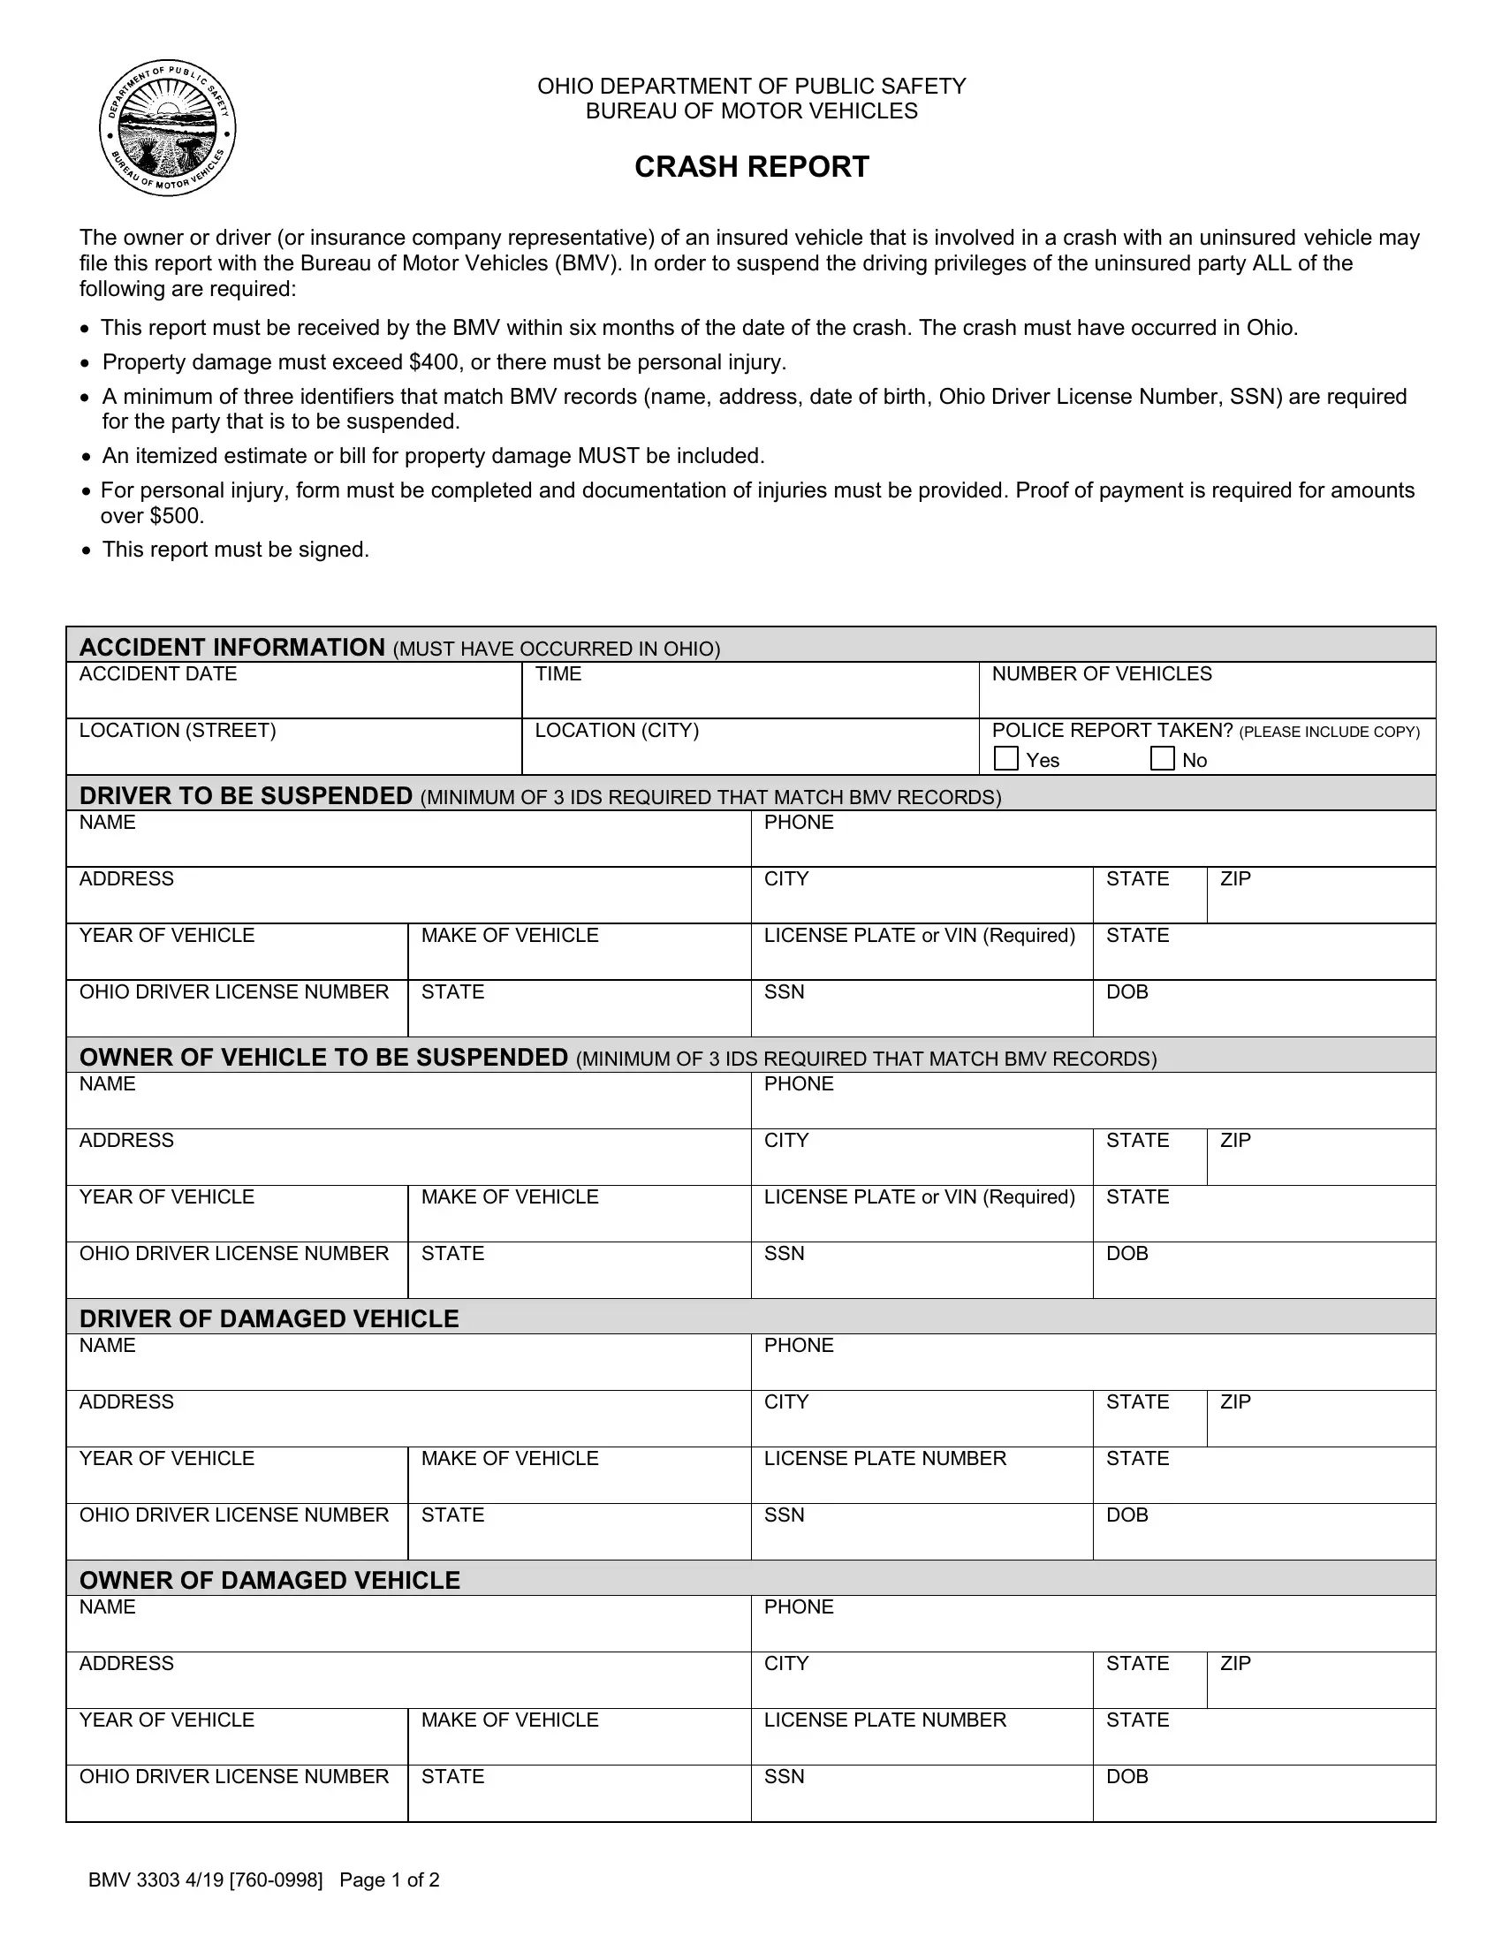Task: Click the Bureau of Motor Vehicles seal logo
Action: click(x=167, y=129)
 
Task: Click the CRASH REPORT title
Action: click(x=751, y=167)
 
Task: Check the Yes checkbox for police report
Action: click(x=1005, y=758)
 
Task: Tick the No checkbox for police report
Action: click(x=1162, y=758)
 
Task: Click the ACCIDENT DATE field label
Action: click(x=157, y=674)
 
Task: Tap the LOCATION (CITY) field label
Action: click(x=617, y=731)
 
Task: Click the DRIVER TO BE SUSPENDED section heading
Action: click(x=246, y=796)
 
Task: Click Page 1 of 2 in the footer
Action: click(x=389, y=1879)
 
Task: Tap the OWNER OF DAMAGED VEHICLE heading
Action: click(x=269, y=1580)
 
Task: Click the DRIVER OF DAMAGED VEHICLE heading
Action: click(x=269, y=1318)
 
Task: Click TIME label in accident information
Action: click(x=558, y=674)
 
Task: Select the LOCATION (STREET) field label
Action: click(x=177, y=731)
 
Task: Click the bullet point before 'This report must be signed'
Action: click(x=86, y=551)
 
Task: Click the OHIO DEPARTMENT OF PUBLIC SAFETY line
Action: click(x=751, y=87)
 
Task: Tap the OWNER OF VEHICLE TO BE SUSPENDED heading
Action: click(x=323, y=1058)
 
